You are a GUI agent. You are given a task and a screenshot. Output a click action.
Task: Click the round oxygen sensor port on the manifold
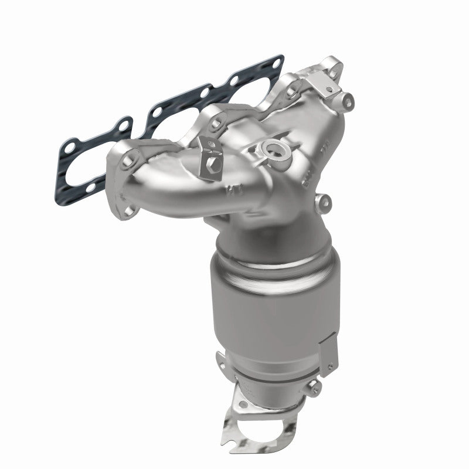coord(274,134)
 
